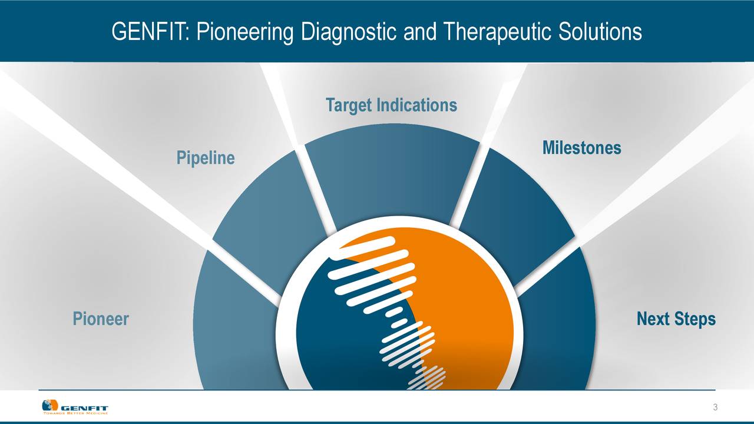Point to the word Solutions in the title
point(601,32)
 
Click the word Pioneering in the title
point(244,32)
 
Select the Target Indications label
point(391,105)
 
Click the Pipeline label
point(206,158)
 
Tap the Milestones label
point(581,148)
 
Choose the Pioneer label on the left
point(101,319)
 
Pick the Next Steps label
point(676,319)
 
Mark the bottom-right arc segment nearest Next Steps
point(560,330)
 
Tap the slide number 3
point(715,408)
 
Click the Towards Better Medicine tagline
point(75,413)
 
